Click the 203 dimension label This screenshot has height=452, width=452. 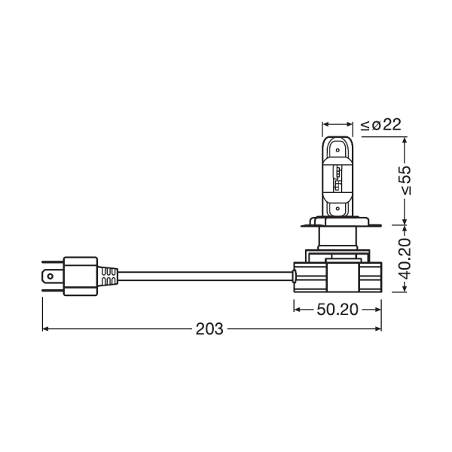click(x=209, y=329)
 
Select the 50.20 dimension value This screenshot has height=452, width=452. click(x=337, y=310)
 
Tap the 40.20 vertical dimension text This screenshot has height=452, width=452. click(x=405, y=258)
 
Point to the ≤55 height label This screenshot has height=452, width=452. click(x=405, y=180)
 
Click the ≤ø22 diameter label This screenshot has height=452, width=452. click(x=380, y=125)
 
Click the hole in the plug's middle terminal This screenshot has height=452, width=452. click(x=50, y=276)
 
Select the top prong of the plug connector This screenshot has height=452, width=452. click(x=53, y=263)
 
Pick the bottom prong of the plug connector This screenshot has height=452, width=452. click(x=53, y=290)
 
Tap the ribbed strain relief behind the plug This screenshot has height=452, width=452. click(x=108, y=276)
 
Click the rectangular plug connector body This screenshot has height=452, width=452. click(x=81, y=276)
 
